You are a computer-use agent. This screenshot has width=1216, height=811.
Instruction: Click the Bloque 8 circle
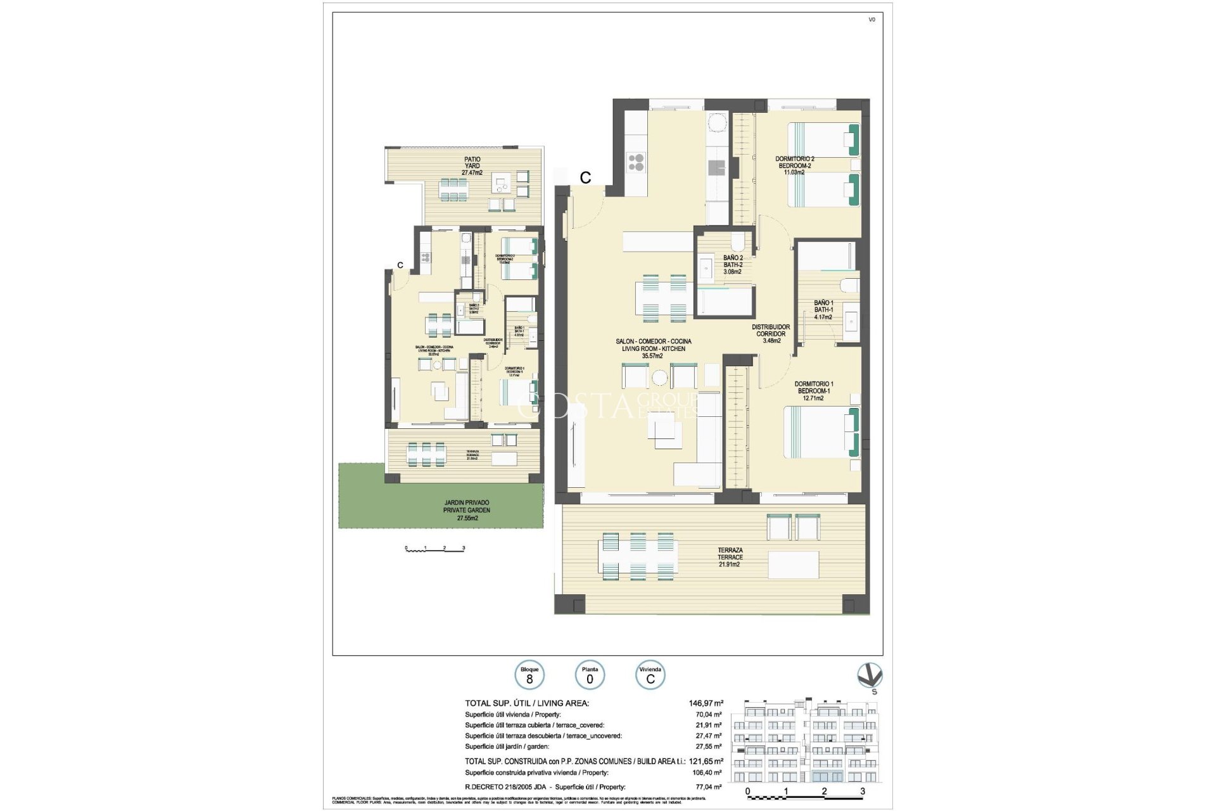529,675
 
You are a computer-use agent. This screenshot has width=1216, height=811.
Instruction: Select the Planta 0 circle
590,675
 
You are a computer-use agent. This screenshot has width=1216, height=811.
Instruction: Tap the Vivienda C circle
650,675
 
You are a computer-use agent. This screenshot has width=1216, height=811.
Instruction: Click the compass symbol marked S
870,677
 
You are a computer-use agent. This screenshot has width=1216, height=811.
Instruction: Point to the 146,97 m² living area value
706,703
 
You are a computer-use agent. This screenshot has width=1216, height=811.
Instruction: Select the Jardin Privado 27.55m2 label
467,510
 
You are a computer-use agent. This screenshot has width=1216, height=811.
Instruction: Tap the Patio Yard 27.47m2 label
472,166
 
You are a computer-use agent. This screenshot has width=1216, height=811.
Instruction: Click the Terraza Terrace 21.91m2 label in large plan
730,557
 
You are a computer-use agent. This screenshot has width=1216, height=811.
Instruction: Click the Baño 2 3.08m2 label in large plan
733,265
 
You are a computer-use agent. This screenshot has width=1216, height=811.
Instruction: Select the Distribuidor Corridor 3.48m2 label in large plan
771,334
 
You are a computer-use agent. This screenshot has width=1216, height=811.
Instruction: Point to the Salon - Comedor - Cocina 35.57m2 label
653,348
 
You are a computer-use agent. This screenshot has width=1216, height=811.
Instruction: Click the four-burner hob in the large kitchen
636,163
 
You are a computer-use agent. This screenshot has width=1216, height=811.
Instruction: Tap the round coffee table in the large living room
659,378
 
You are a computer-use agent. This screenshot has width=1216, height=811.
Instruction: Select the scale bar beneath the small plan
435,549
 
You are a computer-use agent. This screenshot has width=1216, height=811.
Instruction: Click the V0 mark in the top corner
871,20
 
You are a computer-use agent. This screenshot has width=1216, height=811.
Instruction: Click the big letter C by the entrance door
585,178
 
